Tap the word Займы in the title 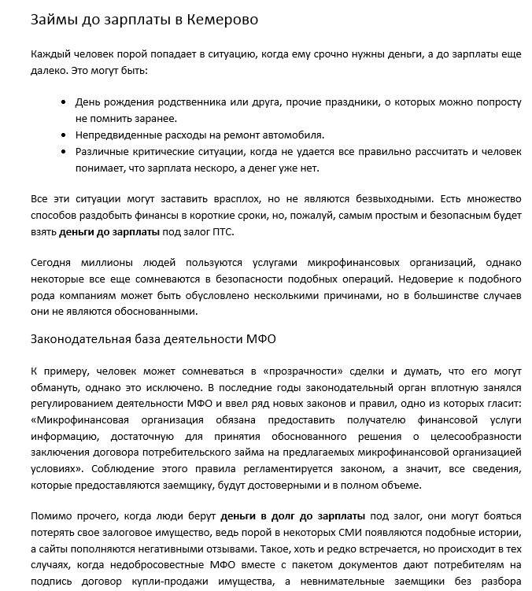point(54,19)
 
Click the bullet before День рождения point(63,103)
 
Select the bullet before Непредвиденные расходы point(63,135)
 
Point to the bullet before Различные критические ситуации point(63,152)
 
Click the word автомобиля point(290,135)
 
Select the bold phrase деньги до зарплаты point(109,232)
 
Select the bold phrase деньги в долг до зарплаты point(293,515)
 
